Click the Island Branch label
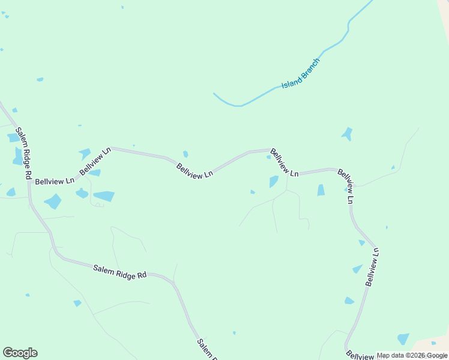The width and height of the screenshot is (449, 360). coord(301,74)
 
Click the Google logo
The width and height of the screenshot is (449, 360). coord(20,353)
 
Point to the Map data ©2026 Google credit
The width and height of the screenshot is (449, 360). coord(412,355)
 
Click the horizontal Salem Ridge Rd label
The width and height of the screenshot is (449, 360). coord(120,271)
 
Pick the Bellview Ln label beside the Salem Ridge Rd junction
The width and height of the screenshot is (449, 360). coord(55,180)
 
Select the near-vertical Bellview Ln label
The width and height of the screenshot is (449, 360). coord(372,267)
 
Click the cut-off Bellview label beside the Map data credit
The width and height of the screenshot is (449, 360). coord(360,355)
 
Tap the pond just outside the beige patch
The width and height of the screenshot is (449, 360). coord(403,339)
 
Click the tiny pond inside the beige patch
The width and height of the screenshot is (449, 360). coord(433,343)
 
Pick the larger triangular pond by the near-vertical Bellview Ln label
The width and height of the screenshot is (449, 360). coord(358,269)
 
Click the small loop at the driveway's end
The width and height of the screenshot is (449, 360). coord(98,205)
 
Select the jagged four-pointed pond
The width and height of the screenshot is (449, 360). coord(347,134)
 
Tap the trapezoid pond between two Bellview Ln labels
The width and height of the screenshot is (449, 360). coord(321,190)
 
